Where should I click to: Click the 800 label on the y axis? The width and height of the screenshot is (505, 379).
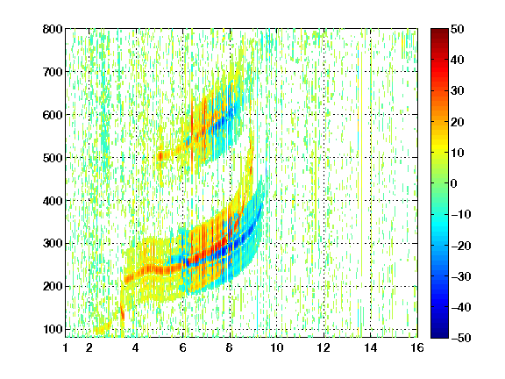pyautogui.click(x=53, y=29)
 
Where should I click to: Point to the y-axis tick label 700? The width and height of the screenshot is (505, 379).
pyautogui.click(x=53, y=72)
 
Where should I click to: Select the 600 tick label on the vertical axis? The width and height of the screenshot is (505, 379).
pyautogui.click(x=53, y=115)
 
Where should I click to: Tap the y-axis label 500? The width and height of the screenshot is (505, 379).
pyautogui.click(x=53, y=158)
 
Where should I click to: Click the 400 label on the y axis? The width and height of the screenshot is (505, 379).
pyautogui.click(x=53, y=201)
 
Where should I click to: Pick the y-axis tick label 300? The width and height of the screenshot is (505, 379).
pyautogui.click(x=53, y=243)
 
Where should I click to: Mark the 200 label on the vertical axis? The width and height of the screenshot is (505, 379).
pyautogui.click(x=53, y=286)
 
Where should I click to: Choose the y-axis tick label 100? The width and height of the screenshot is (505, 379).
pyautogui.click(x=53, y=329)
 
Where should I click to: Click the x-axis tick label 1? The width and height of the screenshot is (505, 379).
pyautogui.click(x=66, y=347)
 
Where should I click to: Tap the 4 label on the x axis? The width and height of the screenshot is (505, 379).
pyautogui.click(x=136, y=347)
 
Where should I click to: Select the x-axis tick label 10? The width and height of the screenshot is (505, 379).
pyautogui.click(x=276, y=347)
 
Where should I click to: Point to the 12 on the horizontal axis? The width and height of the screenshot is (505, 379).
pyautogui.click(x=324, y=347)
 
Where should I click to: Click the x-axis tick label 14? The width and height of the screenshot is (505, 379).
pyautogui.click(x=370, y=347)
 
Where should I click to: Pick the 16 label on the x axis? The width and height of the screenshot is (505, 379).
pyautogui.click(x=417, y=347)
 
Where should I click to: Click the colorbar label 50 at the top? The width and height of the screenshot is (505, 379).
pyautogui.click(x=457, y=29)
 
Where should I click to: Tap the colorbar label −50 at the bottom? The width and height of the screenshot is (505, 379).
pyautogui.click(x=461, y=338)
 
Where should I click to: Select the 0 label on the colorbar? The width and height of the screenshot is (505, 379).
pyautogui.click(x=454, y=183)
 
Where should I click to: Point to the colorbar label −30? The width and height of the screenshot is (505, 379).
pyautogui.click(x=461, y=276)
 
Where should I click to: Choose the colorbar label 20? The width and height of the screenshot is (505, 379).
pyautogui.click(x=457, y=122)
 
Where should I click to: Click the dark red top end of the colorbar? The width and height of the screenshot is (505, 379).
pyautogui.click(x=439, y=31)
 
